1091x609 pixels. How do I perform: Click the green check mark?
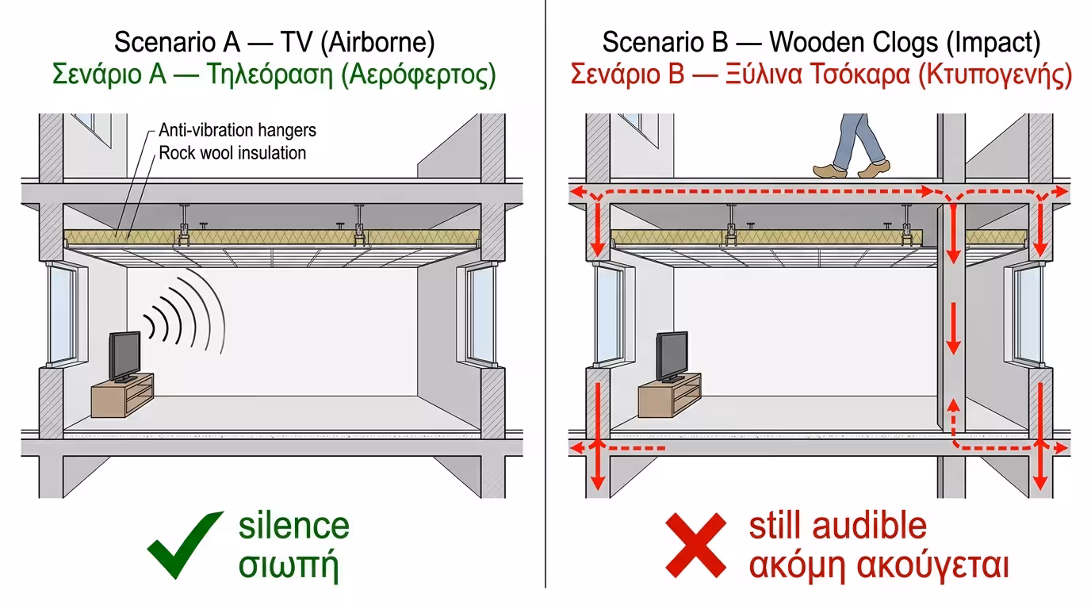(184, 546)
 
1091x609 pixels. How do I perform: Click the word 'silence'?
(293, 527)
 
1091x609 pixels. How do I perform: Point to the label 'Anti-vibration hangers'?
(237, 130)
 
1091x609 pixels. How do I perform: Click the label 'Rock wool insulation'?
(232, 152)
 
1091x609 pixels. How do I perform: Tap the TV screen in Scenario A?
(125, 354)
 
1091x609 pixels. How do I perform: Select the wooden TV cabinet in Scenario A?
(123, 398)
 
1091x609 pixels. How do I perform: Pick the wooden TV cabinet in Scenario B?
(670, 393)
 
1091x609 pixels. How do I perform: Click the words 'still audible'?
(837, 527)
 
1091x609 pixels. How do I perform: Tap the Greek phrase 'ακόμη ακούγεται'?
(879, 565)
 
